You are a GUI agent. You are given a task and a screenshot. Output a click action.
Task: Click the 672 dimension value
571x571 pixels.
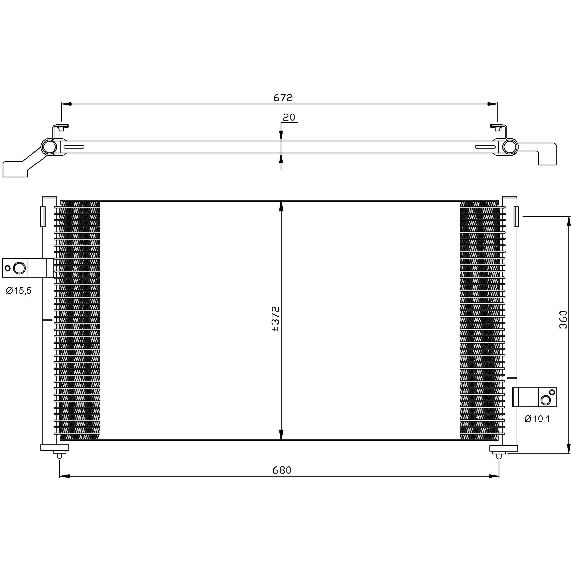coord(283,98)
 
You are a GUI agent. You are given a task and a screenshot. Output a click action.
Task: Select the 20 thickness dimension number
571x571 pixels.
coord(289,117)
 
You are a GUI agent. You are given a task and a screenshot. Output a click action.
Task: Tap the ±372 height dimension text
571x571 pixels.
coord(275,319)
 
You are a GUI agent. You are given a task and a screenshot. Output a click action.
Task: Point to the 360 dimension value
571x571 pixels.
coord(563,320)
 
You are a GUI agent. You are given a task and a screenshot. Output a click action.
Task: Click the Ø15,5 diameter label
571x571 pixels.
coord(19,291)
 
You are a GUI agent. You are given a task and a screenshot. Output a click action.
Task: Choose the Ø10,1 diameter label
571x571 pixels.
coord(537,419)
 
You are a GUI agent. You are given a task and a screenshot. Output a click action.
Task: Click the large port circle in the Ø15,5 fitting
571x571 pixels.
coord(20,268)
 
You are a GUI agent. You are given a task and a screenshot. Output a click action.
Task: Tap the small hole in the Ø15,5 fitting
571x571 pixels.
coord(8,268)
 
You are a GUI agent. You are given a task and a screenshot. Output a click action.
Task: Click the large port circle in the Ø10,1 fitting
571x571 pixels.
coord(545,400)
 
